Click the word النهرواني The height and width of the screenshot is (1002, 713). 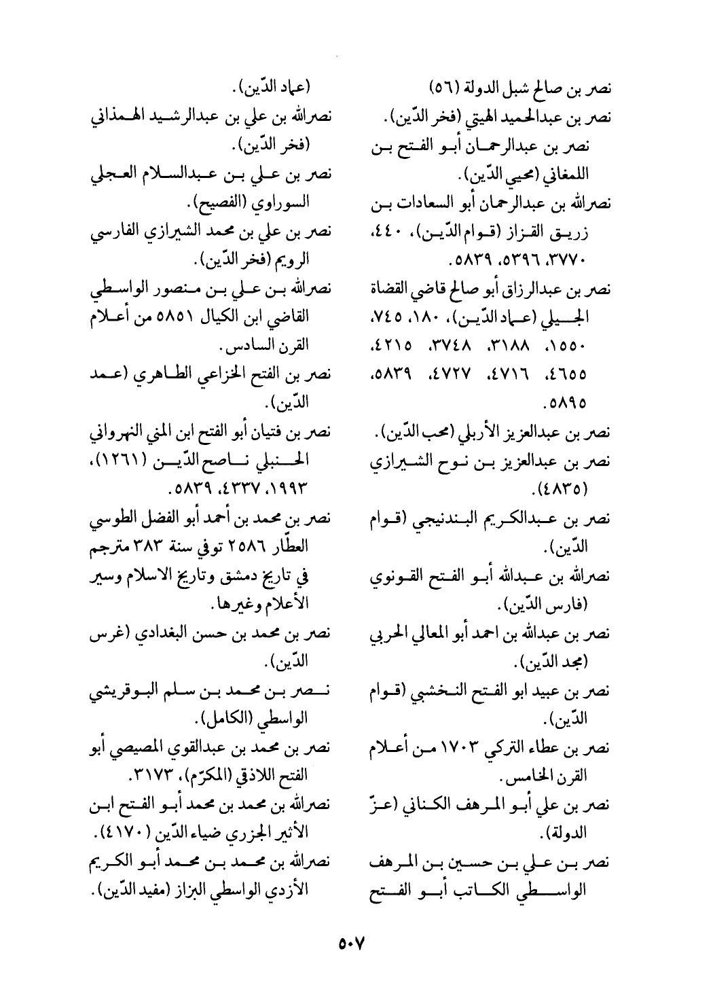[x=115, y=431]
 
